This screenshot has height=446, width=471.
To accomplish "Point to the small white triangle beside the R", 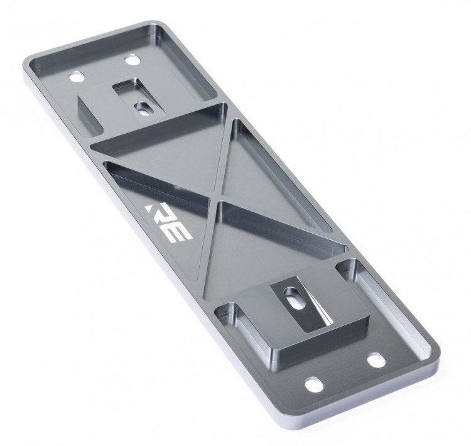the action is [x=148, y=208].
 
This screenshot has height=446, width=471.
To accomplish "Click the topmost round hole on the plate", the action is [x=133, y=59].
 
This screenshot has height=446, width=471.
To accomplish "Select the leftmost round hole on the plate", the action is [x=77, y=77].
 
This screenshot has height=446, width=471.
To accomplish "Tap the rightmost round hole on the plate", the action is [x=376, y=361].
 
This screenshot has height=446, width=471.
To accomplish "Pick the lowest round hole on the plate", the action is [x=314, y=384].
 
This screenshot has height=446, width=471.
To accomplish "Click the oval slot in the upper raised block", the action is [x=143, y=109].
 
